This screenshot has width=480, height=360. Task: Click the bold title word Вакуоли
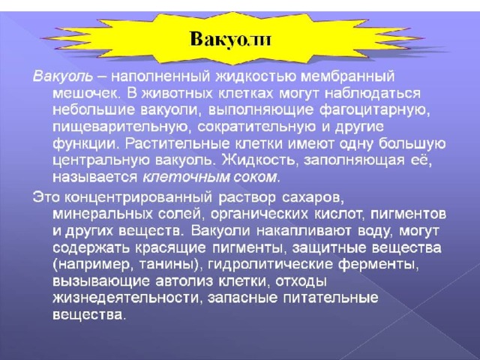tap(230, 40)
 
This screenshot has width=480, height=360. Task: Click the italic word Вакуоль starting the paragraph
tap(63, 76)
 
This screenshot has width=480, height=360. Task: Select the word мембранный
tap(347, 76)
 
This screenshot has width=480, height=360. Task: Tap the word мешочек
tap(85, 93)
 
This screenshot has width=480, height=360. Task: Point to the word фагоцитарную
tap(373, 110)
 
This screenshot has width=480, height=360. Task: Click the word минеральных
tap(103, 214)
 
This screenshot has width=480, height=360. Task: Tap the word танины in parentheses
tap(166, 265)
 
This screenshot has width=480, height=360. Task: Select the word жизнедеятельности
tap(125, 298)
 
